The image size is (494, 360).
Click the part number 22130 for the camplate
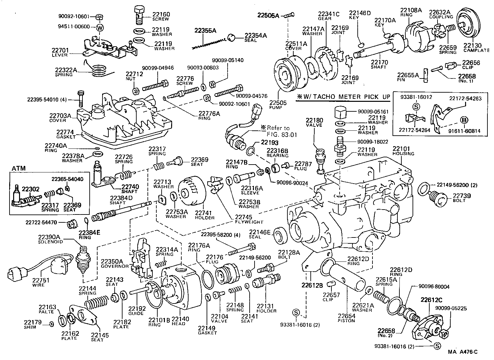(472, 45)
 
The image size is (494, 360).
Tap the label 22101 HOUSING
(403, 151)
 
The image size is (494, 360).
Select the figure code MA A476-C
(462, 352)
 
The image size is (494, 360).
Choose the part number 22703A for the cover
(60, 116)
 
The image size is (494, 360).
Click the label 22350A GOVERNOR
(112, 263)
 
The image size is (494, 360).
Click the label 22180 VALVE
(314, 123)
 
